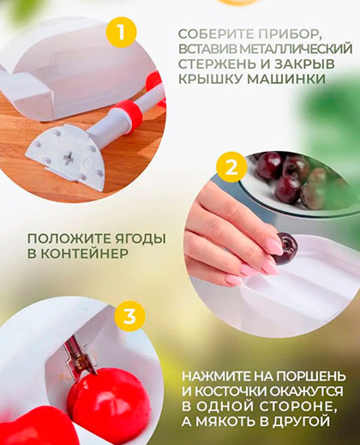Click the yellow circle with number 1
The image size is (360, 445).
tap(121, 32)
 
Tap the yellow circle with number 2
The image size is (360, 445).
tap(231, 167)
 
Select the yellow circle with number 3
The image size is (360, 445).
tap(129, 316)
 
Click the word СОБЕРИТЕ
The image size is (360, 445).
tap(216, 34)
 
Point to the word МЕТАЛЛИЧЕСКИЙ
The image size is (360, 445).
tap(296, 49)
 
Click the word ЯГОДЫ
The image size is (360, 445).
tap(137, 239)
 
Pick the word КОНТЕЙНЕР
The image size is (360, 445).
tap(85, 254)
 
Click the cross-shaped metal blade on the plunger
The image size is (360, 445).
tap(69, 158)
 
